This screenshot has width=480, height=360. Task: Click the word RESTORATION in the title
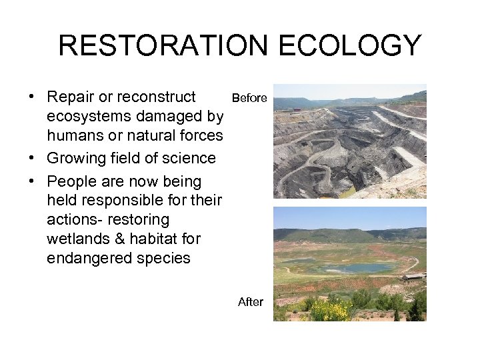162,46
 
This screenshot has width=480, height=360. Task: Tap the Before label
249,98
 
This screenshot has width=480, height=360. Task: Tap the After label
251,302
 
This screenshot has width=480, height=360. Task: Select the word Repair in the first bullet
70,97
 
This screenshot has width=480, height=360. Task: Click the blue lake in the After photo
357,268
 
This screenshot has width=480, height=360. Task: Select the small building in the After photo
414,276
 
